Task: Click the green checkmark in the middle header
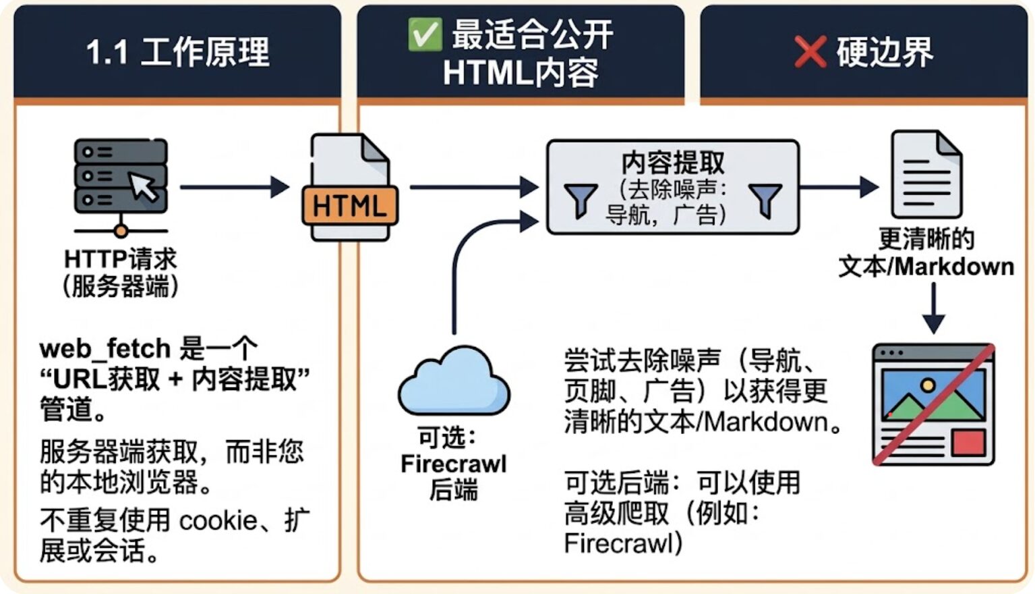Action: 425,34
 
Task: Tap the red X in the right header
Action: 810,52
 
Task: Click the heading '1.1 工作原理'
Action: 177,52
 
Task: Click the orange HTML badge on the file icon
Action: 350,205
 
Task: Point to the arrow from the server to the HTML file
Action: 235,187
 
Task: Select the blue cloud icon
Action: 454,380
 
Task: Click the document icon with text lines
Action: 926,174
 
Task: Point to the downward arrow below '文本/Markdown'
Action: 934,308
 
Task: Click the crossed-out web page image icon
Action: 933,404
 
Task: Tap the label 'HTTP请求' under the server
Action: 121,259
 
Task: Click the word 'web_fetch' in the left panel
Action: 105,348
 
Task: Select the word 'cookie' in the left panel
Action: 218,521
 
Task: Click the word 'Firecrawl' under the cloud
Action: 454,464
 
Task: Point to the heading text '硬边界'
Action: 885,52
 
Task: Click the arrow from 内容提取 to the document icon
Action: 839,187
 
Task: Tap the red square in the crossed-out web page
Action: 968,442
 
